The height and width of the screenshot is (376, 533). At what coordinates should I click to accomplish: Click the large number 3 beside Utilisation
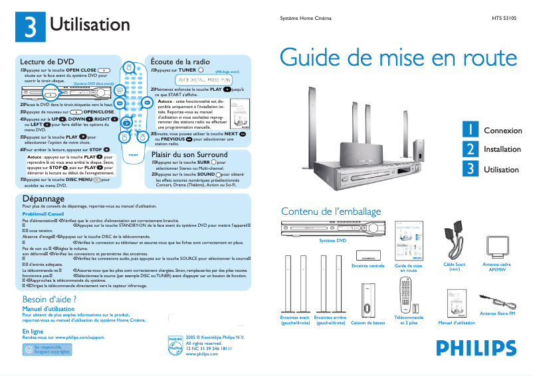[30, 26]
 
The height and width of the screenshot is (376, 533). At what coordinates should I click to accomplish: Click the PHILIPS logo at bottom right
[476, 347]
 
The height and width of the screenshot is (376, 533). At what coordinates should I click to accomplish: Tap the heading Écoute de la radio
[180, 61]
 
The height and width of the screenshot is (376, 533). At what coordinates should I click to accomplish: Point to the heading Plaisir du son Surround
[189, 155]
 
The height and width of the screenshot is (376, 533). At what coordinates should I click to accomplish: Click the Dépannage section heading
[43, 198]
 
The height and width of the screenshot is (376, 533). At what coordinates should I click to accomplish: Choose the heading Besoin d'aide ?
[50, 300]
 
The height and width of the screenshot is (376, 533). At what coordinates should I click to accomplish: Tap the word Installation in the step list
[502, 150]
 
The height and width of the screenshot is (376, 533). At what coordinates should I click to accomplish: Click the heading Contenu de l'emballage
[331, 211]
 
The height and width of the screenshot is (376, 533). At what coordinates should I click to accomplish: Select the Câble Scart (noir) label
[455, 267]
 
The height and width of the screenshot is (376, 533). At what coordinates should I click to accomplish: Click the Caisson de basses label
[368, 323]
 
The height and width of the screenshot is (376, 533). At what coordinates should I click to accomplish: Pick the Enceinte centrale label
[368, 266]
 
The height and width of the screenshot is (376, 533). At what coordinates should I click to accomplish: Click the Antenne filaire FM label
[497, 312]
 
